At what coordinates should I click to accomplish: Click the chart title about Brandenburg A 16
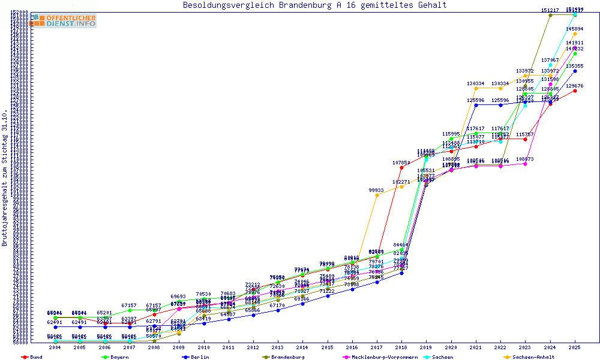(314, 5)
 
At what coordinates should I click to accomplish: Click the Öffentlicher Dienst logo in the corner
(63, 20)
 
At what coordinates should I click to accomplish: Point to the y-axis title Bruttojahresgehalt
(5, 178)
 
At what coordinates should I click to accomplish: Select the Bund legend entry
(32, 357)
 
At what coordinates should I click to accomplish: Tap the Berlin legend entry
(197, 357)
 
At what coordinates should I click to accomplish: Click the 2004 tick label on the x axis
(55, 347)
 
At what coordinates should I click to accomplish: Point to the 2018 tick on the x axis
(401, 347)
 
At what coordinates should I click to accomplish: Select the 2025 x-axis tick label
(575, 347)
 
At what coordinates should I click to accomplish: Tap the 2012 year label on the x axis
(253, 347)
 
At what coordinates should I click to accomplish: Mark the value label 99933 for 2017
(376, 190)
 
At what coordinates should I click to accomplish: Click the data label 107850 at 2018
(401, 163)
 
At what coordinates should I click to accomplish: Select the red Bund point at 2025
(575, 91)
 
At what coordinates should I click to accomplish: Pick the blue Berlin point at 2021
(476, 105)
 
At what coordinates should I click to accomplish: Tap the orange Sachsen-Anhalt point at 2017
(377, 195)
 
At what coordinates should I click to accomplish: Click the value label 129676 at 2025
(574, 86)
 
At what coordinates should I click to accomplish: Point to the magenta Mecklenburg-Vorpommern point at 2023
(526, 164)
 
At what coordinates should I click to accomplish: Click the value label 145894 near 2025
(574, 29)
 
